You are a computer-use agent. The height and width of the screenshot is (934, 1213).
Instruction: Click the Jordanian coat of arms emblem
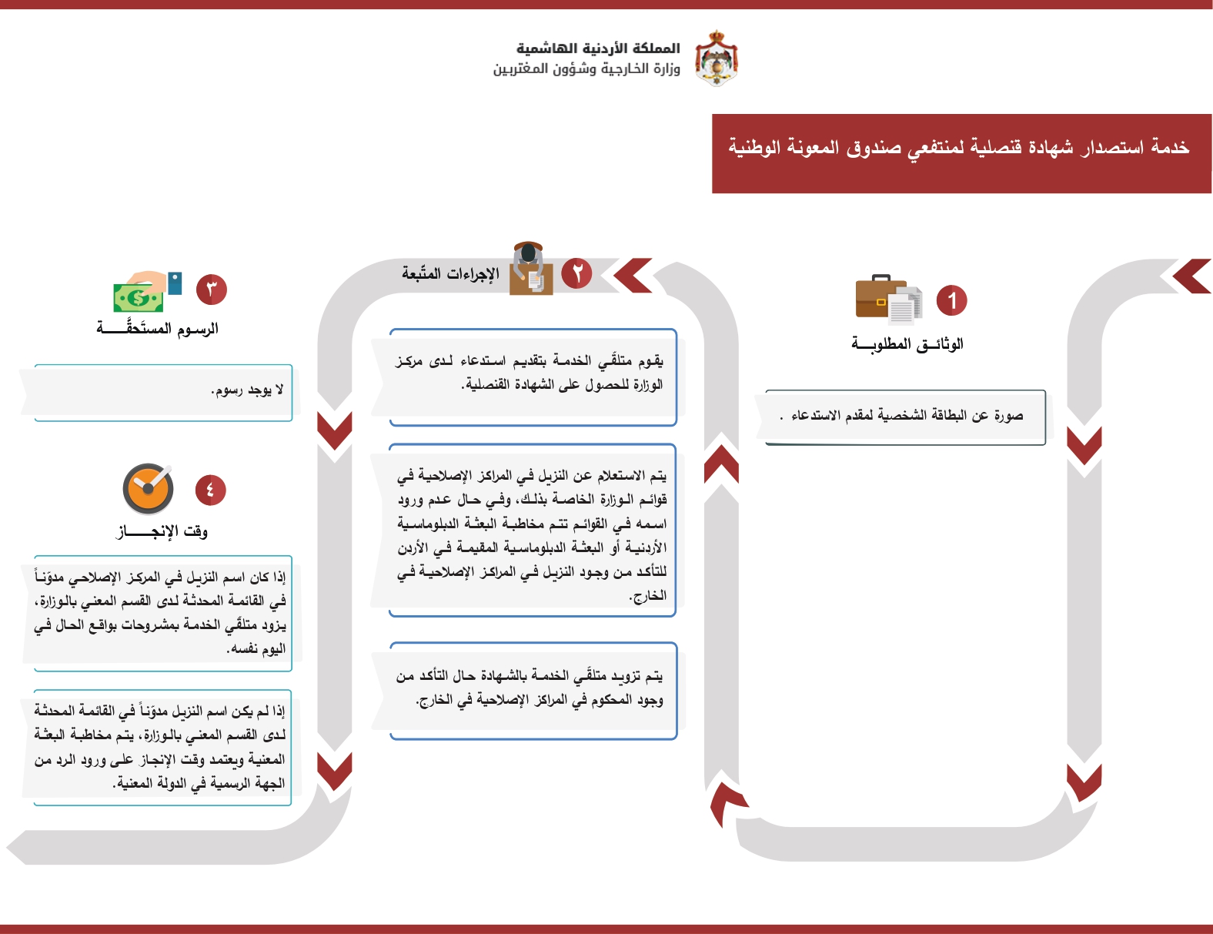pos(717,58)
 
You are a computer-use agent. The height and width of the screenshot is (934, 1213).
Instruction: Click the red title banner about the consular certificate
pos(961,152)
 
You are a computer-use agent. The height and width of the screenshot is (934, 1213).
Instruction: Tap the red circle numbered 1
pos(951,300)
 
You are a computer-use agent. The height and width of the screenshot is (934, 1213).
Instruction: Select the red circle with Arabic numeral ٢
pos(576,273)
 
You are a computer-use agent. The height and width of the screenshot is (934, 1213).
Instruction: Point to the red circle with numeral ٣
pos(212,290)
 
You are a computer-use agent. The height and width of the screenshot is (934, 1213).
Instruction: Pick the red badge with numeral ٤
pos(210,490)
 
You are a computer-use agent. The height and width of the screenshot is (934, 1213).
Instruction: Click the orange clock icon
pos(148,489)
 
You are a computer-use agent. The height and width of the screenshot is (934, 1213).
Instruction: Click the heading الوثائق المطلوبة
pos(907,344)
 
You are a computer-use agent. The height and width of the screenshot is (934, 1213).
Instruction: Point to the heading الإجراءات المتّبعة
pos(450,273)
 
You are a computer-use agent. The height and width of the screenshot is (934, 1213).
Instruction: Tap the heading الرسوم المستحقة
pos(158,329)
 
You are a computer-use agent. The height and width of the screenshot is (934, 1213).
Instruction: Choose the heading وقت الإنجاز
pos(162,531)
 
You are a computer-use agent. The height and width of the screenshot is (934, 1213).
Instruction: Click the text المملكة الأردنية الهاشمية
pos(598,49)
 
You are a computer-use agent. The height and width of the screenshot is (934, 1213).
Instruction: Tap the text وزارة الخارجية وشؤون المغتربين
pos(586,69)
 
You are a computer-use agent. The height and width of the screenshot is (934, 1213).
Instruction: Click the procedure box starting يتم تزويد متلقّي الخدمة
pos(531,690)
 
